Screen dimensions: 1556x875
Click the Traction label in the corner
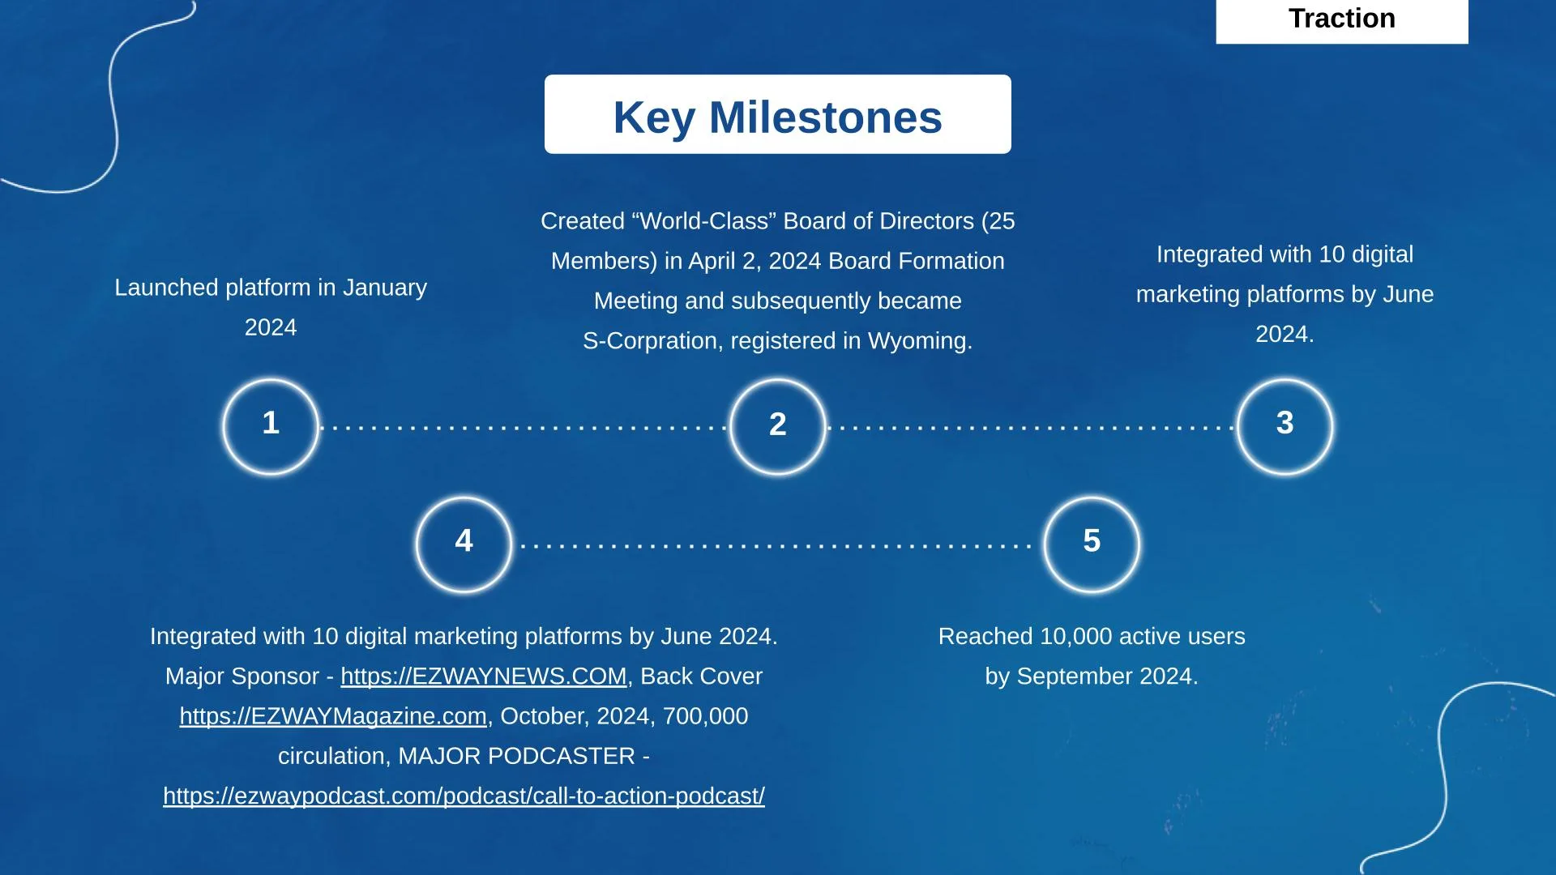click(x=1342, y=19)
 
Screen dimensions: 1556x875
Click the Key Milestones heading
click(x=778, y=117)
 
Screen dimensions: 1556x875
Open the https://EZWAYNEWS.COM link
click(x=484, y=677)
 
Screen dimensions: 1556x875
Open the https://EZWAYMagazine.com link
click(x=333, y=716)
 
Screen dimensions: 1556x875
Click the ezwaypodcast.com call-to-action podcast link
click(x=464, y=796)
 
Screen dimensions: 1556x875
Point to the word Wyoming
click(x=920, y=341)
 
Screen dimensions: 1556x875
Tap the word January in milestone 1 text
click(x=385, y=288)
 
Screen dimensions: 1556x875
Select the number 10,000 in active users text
click(x=1076, y=637)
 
